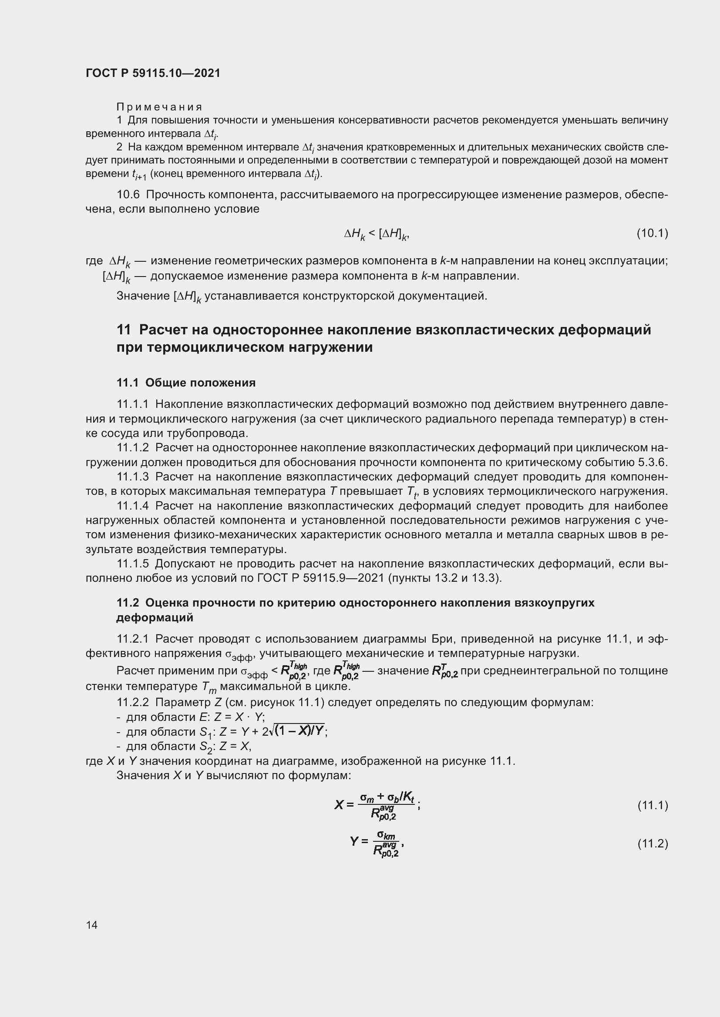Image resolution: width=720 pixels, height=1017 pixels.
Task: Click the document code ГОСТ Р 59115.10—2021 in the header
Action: (x=153, y=73)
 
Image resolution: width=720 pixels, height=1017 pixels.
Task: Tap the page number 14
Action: (x=92, y=924)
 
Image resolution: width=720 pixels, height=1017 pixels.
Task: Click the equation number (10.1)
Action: (x=652, y=233)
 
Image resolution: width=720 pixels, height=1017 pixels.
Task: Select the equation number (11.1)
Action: (x=652, y=805)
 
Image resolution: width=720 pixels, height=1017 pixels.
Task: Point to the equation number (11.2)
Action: (x=652, y=844)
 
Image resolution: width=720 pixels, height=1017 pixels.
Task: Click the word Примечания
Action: (x=160, y=107)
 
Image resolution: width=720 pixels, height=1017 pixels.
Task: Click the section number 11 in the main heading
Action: (x=124, y=330)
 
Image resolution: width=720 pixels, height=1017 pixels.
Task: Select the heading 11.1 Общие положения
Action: (x=186, y=383)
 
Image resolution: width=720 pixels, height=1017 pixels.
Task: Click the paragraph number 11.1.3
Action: (x=133, y=477)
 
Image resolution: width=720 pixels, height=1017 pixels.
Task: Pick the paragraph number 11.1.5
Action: (x=133, y=564)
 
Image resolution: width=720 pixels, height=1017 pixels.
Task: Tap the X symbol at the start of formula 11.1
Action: (x=339, y=804)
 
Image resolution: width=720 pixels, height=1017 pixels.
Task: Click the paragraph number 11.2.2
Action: (x=133, y=703)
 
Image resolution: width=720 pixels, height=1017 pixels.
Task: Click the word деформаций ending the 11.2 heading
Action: (x=155, y=617)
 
